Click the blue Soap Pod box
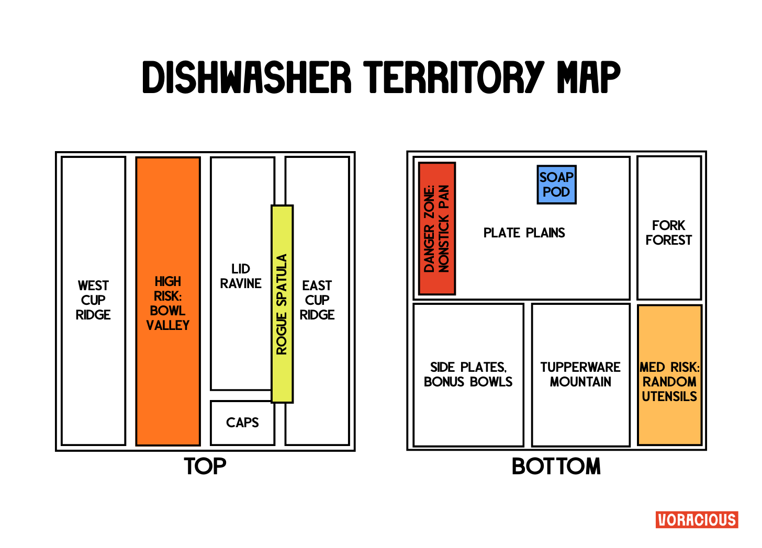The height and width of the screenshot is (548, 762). [556, 185]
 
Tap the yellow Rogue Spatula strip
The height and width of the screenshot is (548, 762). [282, 304]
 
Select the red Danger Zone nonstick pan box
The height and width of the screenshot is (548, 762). [437, 229]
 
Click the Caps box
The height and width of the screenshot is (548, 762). [242, 423]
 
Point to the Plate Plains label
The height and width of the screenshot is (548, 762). [524, 233]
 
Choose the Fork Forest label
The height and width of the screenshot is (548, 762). [668, 233]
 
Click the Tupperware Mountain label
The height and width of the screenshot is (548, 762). [580, 374]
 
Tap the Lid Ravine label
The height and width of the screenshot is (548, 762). [241, 276]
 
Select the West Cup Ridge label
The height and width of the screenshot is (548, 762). [93, 300]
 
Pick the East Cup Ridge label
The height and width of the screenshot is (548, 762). [317, 300]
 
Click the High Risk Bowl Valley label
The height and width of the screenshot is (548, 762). [167, 303]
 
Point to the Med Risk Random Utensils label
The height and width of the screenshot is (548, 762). [669, 382]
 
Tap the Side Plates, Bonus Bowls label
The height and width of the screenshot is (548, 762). [468, 374]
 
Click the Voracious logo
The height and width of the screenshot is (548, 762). [697, 520]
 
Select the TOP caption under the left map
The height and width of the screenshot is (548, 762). [205, 466]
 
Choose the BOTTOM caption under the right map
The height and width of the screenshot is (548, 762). [556, 466]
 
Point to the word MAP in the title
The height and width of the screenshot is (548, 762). [588, 77]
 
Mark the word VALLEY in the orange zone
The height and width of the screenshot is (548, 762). [167, 325]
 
